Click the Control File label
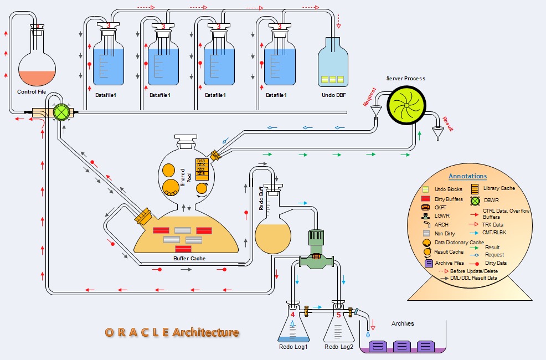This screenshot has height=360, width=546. [x=32, y=91]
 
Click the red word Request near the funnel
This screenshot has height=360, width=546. [x=369, y=96]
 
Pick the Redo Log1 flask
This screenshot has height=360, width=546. [x=293, y=326]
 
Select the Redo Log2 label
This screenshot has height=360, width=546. [x=338, y=347]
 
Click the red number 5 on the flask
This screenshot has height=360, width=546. [x=338, y=315]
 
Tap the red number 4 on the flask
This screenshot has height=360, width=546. [x=293, y=315]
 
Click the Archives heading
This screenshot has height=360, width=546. [x=403, y=323]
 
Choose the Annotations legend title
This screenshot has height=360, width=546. [x=467, y=176]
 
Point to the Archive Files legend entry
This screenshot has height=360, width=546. [x=447, y=263]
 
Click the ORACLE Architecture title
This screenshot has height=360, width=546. [x=172, y=332]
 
